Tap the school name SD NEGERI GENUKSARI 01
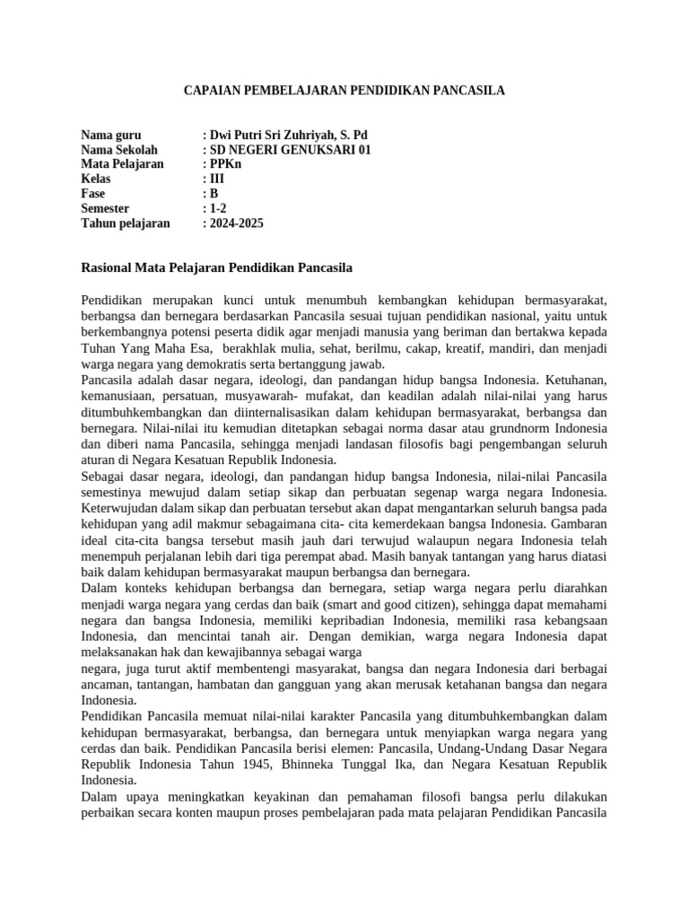click(x=290, y=150)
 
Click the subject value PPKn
click(x=225, y=165)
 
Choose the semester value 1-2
click(x=217, y=209)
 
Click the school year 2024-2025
click(x=237, y=223)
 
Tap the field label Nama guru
click(x=111, y=136)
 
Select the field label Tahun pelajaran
click(x=126, y=223)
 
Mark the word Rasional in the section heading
click(x=109, y=267)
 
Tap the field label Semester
click(x=106, y=209)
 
